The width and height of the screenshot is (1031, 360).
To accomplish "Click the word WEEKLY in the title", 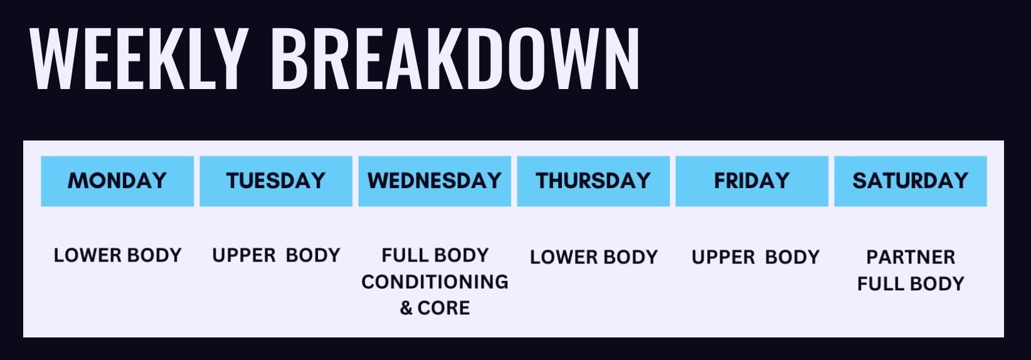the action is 137,58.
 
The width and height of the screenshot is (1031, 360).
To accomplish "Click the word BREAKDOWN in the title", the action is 455,58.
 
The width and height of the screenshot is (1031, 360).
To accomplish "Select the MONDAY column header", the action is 117,181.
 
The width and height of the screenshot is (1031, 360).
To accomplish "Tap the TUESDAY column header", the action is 276,181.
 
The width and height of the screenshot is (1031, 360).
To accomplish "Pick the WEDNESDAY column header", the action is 435,181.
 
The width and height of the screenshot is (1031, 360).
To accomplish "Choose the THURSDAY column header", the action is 593,181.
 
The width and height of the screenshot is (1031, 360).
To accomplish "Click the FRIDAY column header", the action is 752,181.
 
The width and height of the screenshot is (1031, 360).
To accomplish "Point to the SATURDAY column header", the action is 911,181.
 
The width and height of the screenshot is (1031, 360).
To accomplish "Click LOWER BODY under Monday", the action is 118,255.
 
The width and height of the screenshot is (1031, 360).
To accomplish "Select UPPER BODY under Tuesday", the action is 276,255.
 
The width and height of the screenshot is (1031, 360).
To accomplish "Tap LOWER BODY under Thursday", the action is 594,257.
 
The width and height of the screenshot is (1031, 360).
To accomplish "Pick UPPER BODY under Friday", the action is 756,257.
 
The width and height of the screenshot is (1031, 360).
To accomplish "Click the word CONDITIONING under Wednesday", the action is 435,282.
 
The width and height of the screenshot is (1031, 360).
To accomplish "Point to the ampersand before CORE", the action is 406,308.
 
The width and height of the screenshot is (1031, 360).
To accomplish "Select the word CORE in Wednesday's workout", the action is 444,308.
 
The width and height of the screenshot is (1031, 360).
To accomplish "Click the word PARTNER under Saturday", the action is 911,257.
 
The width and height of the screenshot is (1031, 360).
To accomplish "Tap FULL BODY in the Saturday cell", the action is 911,283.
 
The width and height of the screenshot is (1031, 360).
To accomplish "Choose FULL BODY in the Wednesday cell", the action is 435,255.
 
